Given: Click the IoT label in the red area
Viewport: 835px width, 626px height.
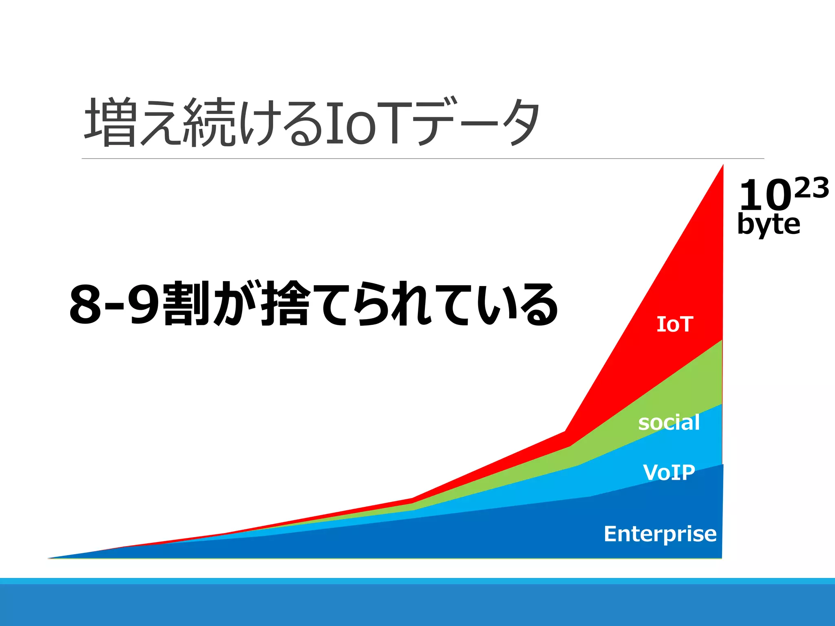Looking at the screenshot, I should pos(675,324).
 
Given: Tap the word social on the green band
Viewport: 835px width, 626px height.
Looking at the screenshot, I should pos(669,423).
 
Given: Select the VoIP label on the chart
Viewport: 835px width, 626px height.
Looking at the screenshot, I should pos(669,472).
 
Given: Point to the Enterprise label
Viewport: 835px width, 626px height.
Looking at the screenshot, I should pos(660,534).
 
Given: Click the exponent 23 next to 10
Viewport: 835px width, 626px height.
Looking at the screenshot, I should pos(811,188).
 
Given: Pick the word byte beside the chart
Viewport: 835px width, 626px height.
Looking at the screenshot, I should pos(769,224).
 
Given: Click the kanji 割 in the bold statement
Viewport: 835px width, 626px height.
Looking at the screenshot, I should pos(186,304).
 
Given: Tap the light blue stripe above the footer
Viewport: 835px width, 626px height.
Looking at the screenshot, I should pos(417,581).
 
